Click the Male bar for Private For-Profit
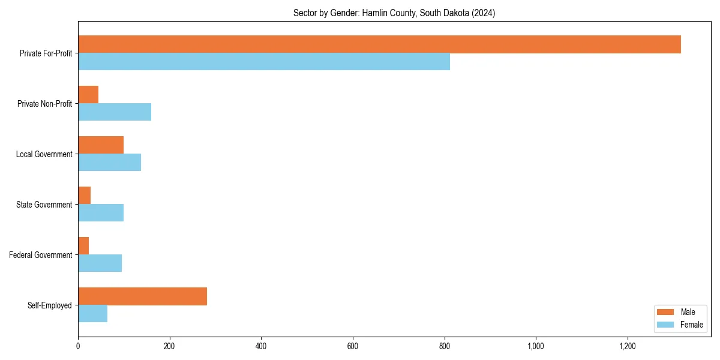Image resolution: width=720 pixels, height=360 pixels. (379, 44)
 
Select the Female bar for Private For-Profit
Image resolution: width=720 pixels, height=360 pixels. (264, 62)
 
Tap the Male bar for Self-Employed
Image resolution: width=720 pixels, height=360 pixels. (142, 296)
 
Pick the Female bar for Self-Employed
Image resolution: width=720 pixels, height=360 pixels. (92, 314)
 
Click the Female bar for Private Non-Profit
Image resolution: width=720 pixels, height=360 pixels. (115, 112)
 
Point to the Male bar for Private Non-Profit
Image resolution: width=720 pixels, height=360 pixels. (88, 95)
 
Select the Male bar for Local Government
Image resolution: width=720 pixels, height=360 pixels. (101, 145)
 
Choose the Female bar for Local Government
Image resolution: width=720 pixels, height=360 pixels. (109, 163)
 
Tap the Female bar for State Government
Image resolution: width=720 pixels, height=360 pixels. (101, 213)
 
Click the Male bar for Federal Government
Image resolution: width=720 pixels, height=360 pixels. (83, 246)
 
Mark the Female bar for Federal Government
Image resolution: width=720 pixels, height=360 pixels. (100, 263)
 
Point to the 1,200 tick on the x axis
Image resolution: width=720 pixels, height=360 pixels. (627, 346)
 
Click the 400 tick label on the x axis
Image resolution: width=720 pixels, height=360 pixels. (261, 346)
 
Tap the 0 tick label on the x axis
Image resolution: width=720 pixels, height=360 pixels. (78, 346)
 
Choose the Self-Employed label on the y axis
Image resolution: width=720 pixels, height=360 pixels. (50, 305)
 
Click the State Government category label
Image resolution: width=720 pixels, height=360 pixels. (44, 205)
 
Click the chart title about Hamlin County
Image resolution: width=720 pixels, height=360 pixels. (394, 13)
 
